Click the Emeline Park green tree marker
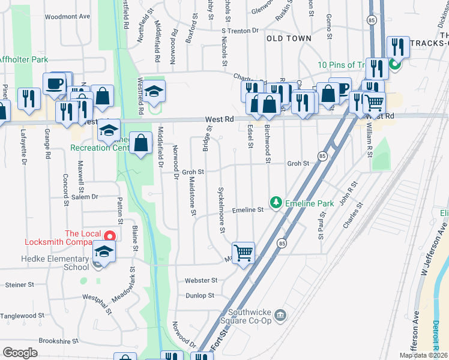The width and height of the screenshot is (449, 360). (276, 203)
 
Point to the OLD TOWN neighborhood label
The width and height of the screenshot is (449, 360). (289, 38)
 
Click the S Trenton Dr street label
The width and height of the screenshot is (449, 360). (240, 31)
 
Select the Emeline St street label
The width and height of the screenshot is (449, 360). (249, 210)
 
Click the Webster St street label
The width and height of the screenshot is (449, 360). (201, 280)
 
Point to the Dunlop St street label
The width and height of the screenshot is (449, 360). (200, 296)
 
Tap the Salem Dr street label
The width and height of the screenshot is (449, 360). (85, 197)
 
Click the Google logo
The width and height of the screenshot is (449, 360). (20, 353)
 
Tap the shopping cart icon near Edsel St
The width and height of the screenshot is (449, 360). (243, 253)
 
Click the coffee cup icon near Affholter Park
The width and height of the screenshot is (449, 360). (54, 83)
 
